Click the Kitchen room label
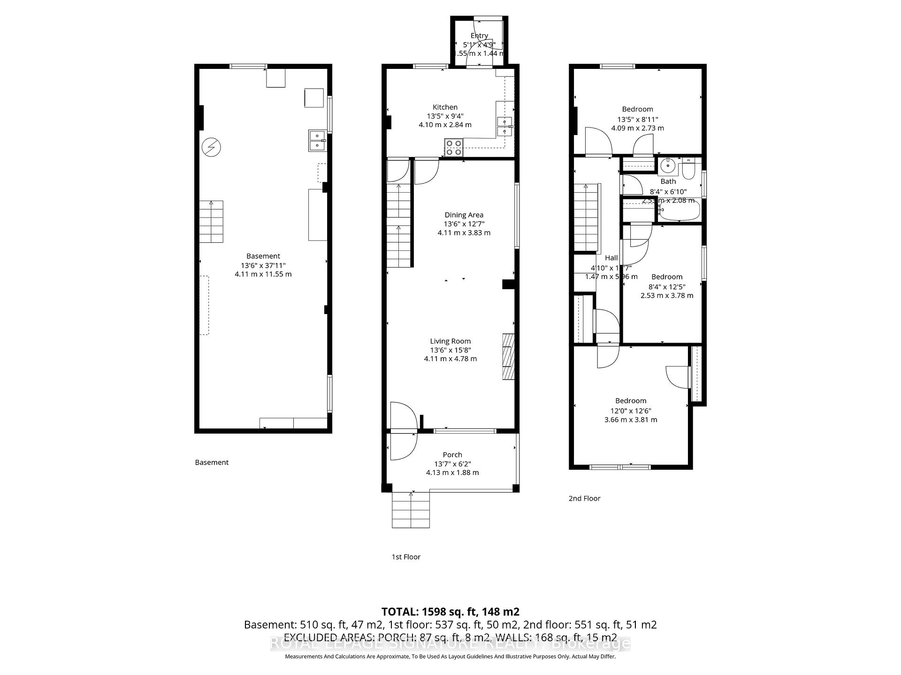[x=445, y=107]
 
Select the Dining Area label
[x=464, y=215]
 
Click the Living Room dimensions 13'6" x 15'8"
[x=450, y=350]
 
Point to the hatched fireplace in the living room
[x=509, y=356]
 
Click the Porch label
[x=452, y=455]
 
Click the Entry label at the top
[x=479, y=36]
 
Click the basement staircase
[x=211, y=222]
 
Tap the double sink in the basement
[x=317, y=141]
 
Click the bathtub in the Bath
[x=678, y=211]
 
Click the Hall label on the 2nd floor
[x=611, y=258]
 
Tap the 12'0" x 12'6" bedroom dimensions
[x=631, y=410]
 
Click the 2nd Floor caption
[x=584, y=498]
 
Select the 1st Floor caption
[x=406, y=557]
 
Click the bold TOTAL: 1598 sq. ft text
[x=450, y=612]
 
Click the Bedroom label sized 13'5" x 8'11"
[x=637, y=109]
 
